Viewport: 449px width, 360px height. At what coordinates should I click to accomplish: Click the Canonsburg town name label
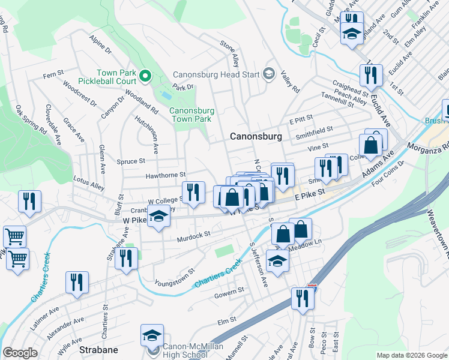pos(256,137)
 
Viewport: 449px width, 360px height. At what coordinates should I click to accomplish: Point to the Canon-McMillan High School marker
pos(151,337)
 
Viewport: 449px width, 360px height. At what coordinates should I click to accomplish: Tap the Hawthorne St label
pos(166,175)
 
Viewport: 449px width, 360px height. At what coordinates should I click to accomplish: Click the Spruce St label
pos(130,161)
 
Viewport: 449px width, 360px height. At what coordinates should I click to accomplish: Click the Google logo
pos(20,353)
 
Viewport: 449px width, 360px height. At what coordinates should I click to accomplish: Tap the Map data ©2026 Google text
pos(412,355)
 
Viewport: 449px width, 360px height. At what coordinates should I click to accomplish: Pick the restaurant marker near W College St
pos(193,193)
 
